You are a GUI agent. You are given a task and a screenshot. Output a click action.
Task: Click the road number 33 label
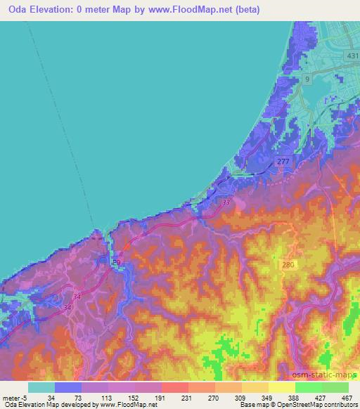226,202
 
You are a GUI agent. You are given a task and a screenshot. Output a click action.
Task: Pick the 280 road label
285,264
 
